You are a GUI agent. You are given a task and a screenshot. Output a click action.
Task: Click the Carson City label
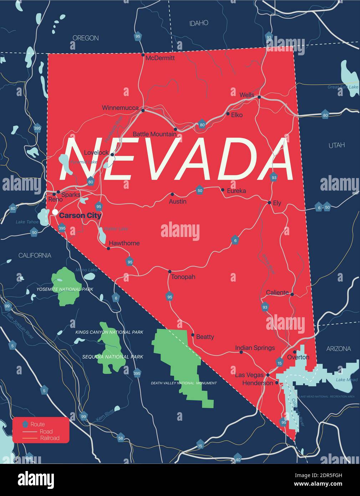[80, 216]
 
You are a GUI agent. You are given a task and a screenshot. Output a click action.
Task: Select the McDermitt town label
[160, 58]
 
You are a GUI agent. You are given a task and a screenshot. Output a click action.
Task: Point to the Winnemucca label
[120, 108]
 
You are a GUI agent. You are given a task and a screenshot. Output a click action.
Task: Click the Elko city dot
[228, 114]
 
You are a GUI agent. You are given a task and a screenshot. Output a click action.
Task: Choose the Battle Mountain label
[154, 134]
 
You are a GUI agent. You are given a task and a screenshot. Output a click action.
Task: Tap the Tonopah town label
[183, 277]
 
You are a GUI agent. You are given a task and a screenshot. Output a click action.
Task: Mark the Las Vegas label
[249, 375]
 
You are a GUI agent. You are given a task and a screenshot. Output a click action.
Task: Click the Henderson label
[258, 383]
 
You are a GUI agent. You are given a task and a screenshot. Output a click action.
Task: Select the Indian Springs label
[255, 348]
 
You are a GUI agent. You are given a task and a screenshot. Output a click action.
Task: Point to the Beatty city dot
[193, 335]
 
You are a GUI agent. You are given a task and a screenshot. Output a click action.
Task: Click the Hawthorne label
[124, 243]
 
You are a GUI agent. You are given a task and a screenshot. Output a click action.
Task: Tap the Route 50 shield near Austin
[200, 191]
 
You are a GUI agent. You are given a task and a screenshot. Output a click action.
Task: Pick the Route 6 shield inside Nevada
[235, 241]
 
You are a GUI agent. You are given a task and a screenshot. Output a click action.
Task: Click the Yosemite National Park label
[65, 289]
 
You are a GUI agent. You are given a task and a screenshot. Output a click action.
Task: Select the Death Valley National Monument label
[184, 383]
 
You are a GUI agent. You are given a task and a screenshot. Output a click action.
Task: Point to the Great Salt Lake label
[343, 87]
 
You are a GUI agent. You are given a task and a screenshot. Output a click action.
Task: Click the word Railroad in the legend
[50, 438]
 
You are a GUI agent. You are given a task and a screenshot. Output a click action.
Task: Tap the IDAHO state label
[199, 23]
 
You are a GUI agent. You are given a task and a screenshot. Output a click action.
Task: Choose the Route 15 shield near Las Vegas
[279, 363]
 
